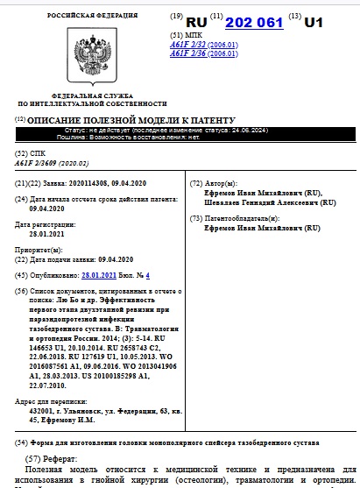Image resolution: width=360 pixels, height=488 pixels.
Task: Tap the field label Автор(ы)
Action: pyautogui.click(x=222, y=182)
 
